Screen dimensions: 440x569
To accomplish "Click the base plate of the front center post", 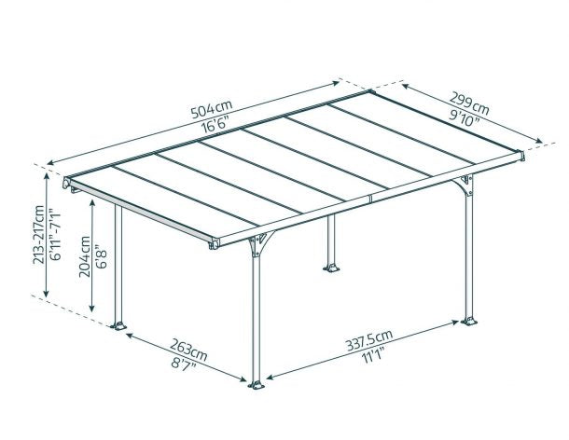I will pyautogui.click(x=256, y=383).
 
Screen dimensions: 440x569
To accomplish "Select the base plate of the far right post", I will pyautogui.click(x=469, y=323).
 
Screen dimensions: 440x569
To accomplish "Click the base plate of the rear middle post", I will pyautogui.click(x=331, y=270).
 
